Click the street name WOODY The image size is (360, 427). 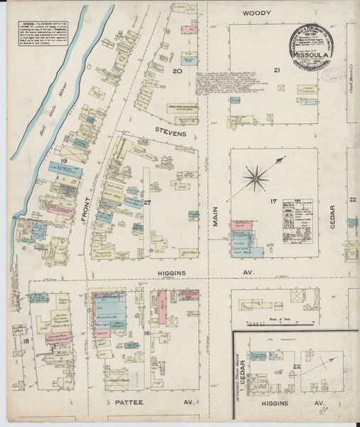pos(257,14)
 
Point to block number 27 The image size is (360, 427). pos(148,203)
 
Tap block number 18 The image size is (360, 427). pos(26,342)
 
